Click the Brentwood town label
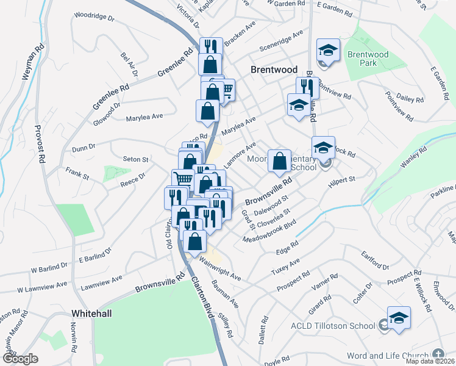click(x=274, y=70)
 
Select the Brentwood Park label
click(x=368, y=59)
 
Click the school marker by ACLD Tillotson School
click(x=399, y=318)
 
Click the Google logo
click(x=20, y=359)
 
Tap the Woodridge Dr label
click(x=94, y=16)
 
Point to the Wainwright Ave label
click(x=220, y=269)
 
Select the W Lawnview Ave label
click(x=42, y=287)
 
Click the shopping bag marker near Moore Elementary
click(x=280, y=162)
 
